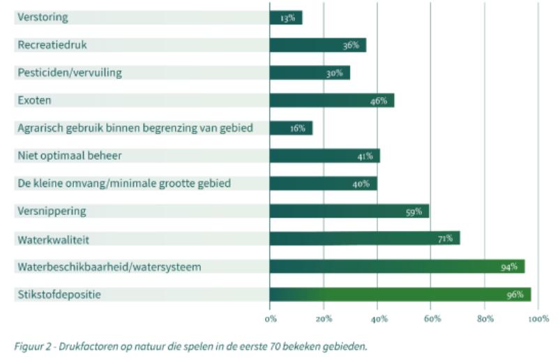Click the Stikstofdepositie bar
point(400,294)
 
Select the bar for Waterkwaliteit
point(364,239)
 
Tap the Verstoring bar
point(286,17)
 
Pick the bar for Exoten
point(331,100)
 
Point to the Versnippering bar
point(349,211)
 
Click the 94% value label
point(508,267)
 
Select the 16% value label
point(298,128)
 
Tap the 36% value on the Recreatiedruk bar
point(350,45)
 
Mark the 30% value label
point(334,73)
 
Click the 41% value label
point(365,156)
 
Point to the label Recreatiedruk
point(52,45)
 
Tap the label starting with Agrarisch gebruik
point(135,128)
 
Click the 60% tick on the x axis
point(431,319)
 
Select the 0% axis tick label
point(271,319)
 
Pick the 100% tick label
point(538,319)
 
